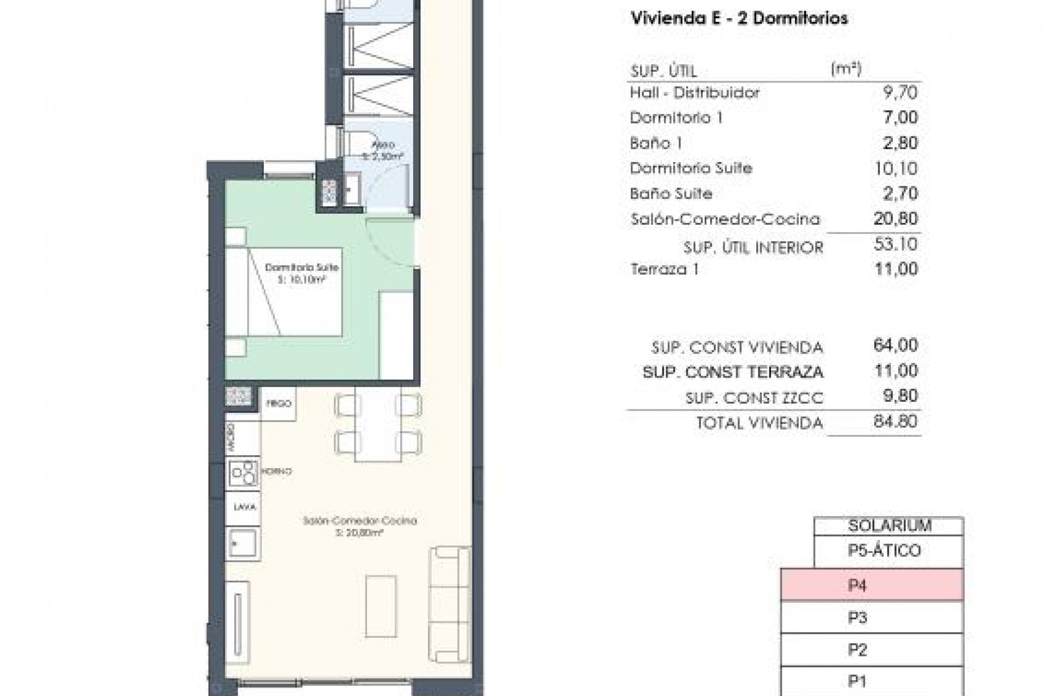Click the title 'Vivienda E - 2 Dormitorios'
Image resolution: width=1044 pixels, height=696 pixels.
pyautogui.click(x=738, y=18)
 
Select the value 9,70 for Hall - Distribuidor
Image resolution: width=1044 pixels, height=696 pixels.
pyautogui.click(x=900, y=92)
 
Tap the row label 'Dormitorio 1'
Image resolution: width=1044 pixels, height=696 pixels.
pyautogui.click(x=676, y=117)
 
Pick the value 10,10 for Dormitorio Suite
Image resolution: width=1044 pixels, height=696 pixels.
pyautogui.click(x=896, y=169)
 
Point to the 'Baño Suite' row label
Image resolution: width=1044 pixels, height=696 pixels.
pyautogui.click(x=670, y=194)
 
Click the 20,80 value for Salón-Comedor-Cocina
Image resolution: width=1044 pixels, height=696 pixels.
pyautogui.click(x=896, y=219)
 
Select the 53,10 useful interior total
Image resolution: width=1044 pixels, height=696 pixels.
pyautogui.click(x=896, y=244)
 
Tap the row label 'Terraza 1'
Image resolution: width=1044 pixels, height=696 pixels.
pyautogui.click(x=664, y=269)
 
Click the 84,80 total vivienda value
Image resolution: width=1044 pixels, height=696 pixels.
pyautogui.click(x=896, y=421)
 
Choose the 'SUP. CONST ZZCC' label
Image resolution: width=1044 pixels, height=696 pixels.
pyautogui.click(x=754, y=398)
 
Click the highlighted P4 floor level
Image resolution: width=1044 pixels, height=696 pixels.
pyautogui.click(x=872, y=585)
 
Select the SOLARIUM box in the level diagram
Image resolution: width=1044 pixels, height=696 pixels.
pyautogui.click(x=889, y=525)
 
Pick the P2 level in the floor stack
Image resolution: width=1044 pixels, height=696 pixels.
pyautogui.click(x=872, y=649)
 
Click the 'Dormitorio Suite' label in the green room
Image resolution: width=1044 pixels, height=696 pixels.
pyautogui.click(x=301, y=268)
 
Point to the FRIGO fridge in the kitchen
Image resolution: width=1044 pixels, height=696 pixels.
pyautogui.click(x=278, y=403)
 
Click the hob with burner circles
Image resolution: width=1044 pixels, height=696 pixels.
pyautogui.click(x=243, y=473)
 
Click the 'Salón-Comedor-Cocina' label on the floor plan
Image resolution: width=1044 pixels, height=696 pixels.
pyautogui.click(x=359, y=521)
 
